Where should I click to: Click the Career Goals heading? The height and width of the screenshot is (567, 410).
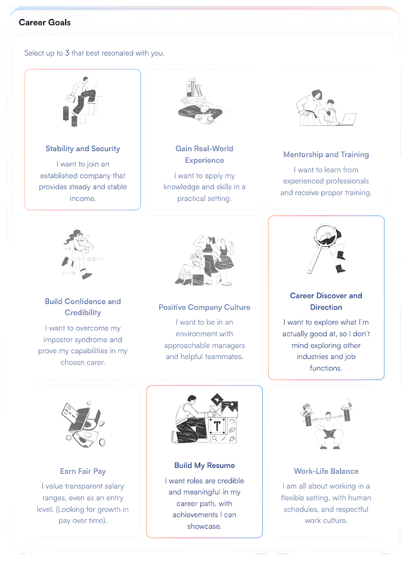pos(45,23)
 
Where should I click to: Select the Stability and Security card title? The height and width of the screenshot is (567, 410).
pos(83,149)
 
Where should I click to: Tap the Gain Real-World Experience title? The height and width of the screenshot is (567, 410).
pos(204,154)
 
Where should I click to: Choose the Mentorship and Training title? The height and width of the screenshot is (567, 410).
pos(326,154)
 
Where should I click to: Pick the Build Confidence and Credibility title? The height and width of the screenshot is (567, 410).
pos(83,307)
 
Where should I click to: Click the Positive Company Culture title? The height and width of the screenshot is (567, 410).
pos(204,307)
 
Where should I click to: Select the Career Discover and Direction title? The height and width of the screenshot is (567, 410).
pos(326,301)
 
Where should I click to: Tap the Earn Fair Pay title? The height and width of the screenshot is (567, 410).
pos(83,471)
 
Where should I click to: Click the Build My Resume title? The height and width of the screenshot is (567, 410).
pos(204,465)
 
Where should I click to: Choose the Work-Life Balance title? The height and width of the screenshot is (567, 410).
pos(326,471)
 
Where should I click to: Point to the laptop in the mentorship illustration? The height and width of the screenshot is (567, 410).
pos(348,119)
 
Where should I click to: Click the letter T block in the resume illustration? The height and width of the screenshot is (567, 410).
pos(217,426)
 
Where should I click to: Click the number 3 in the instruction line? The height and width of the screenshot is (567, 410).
pos(67,53)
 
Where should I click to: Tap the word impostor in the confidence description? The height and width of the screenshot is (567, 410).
pos(58,340)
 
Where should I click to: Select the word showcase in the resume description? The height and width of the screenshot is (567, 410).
pos(204,526)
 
